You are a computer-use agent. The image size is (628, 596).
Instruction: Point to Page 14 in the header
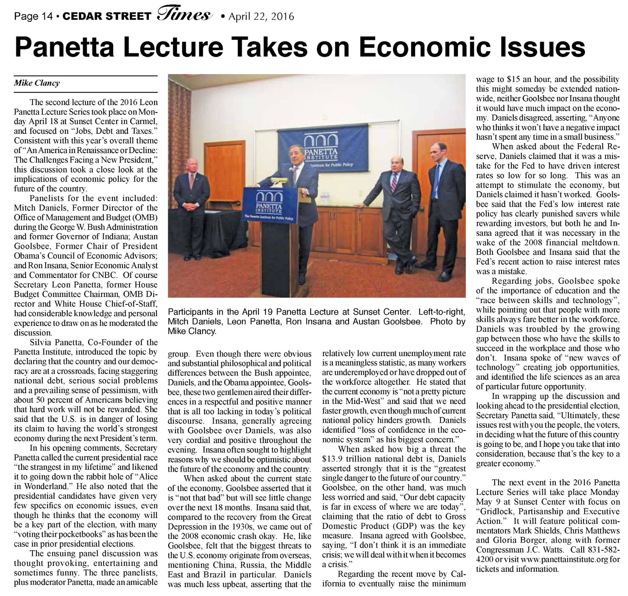point(33,16)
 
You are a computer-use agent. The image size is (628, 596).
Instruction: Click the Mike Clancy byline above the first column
point(37,83)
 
